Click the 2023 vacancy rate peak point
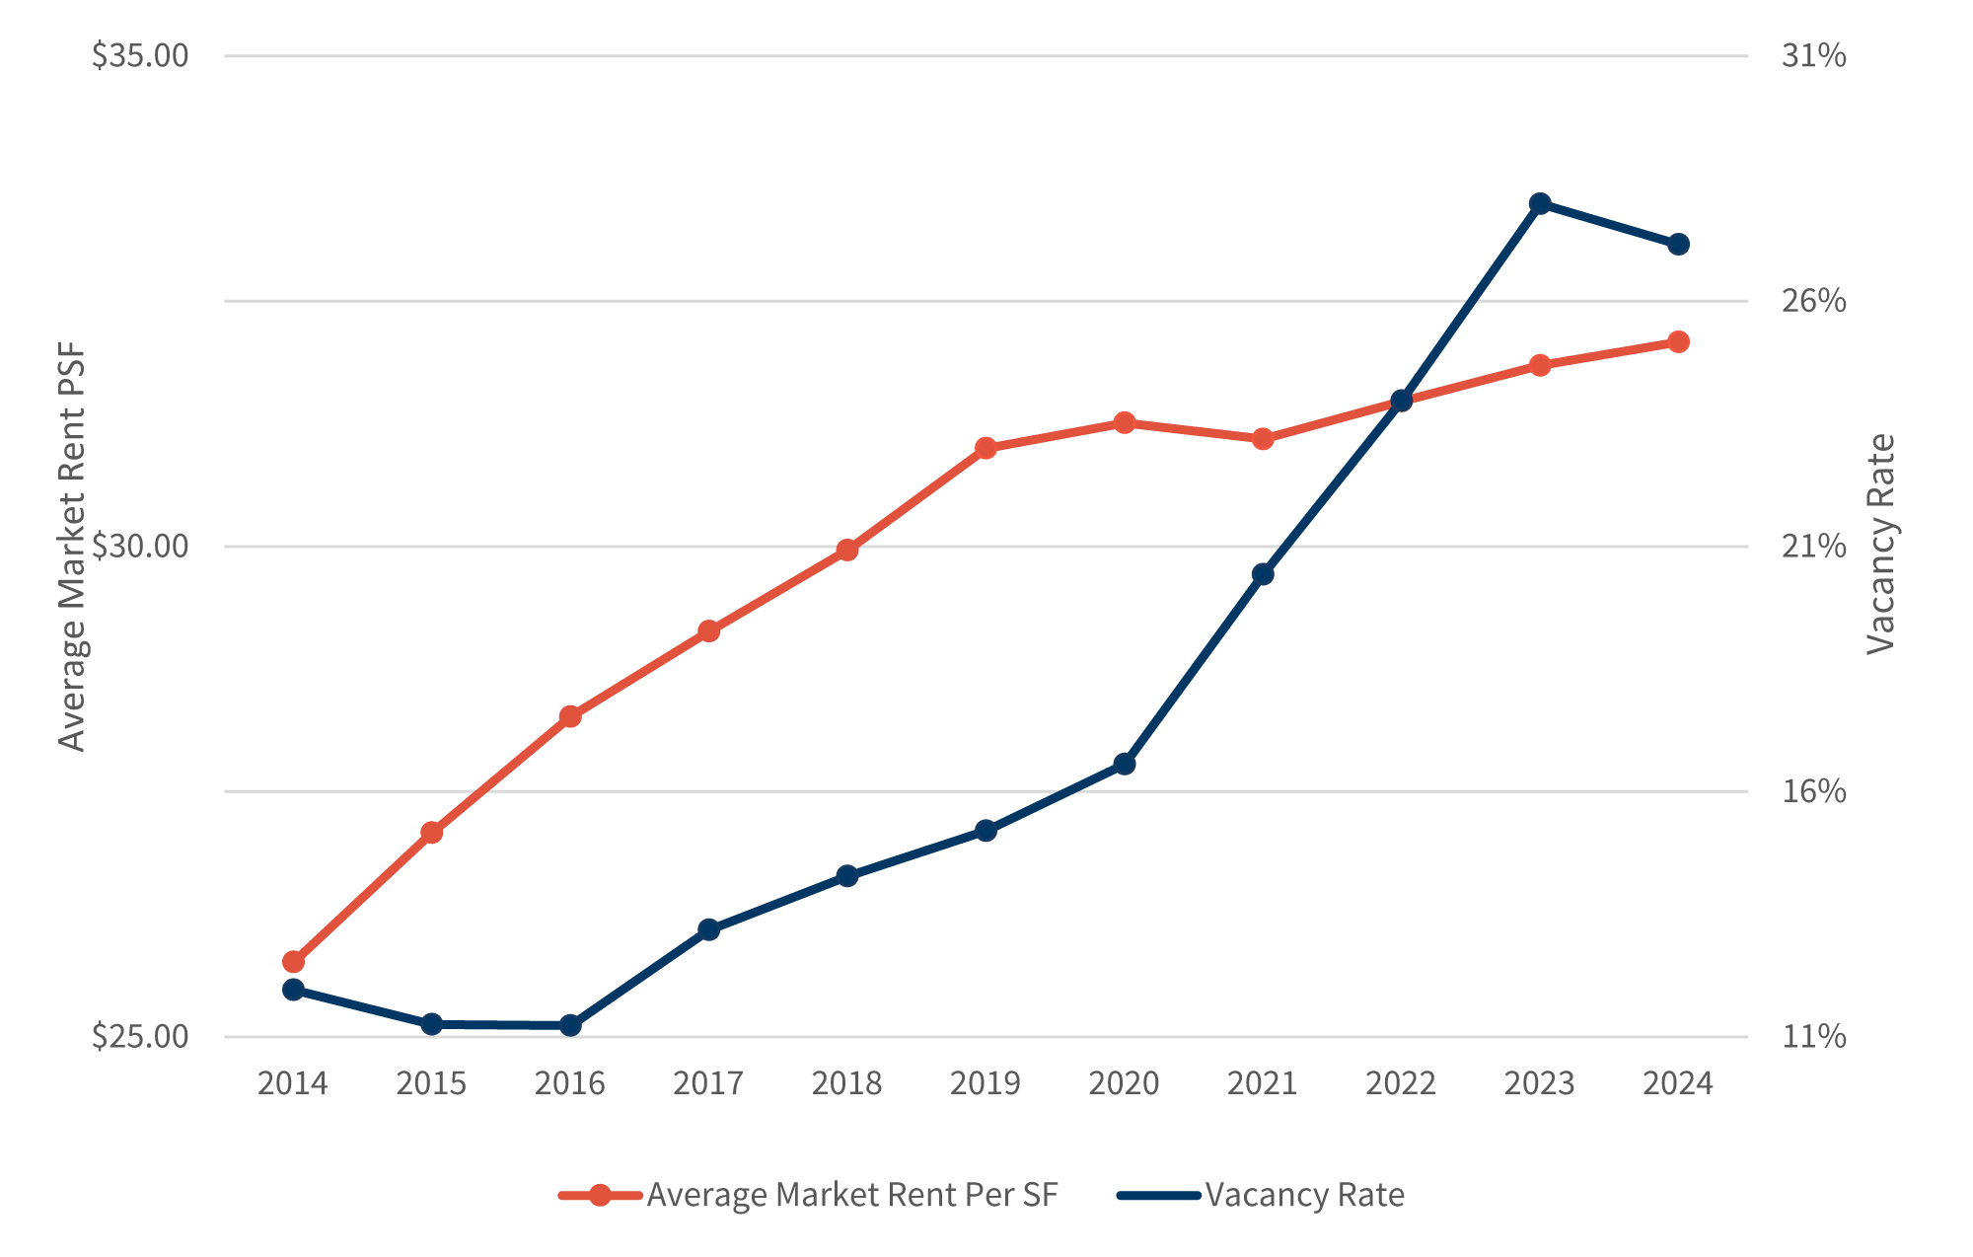(x=1540, y=204)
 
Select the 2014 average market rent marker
(x=293, y=962)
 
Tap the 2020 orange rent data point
(x=1125, y=423)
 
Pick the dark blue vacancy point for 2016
(x=570, y=1026)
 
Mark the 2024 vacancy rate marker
(x=1678, y=245)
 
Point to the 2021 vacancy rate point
(x=1263, y=574)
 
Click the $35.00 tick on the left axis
(x=140, y=56)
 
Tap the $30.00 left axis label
(x=140, y=547)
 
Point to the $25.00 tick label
(x=140, y=1037)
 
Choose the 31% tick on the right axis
(x=1813, y=56)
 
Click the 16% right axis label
(x=1813, y=791)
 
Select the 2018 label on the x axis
(x=846, y=1084)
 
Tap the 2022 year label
(x=1401, y=1084)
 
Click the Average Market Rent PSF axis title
(x=72, y=547)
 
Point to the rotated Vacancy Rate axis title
(x=1881, y=545)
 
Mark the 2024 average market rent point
(x=1678, y=342)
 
